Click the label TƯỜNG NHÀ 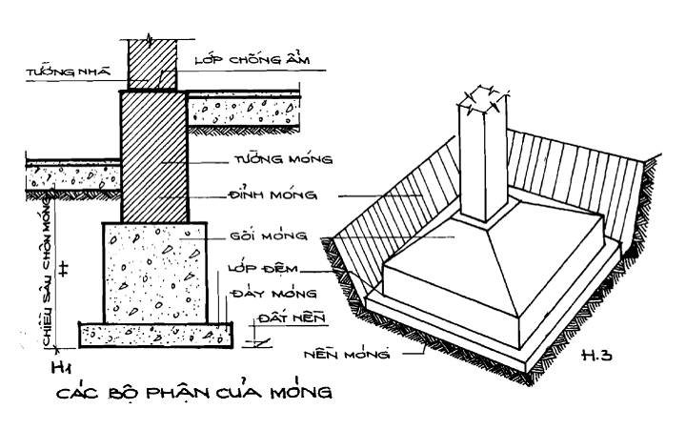pos(69,72)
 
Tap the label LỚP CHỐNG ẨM pos(252,59)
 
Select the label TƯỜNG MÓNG pos(283,158)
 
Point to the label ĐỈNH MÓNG pos(272,194)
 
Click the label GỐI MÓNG pos(269,235)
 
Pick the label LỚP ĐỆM pos(263,268)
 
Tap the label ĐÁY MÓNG pos(273,293)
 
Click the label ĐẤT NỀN pos(292,317)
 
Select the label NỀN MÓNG pos(347,354)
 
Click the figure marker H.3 pos(596,355)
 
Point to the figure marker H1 pos(62,367)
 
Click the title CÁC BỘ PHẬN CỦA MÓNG pos(194,392)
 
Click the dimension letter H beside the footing pos(65,269)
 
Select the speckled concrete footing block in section pos(155,274)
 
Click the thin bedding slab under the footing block pos(155,336)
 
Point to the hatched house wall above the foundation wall pos(152,65)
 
